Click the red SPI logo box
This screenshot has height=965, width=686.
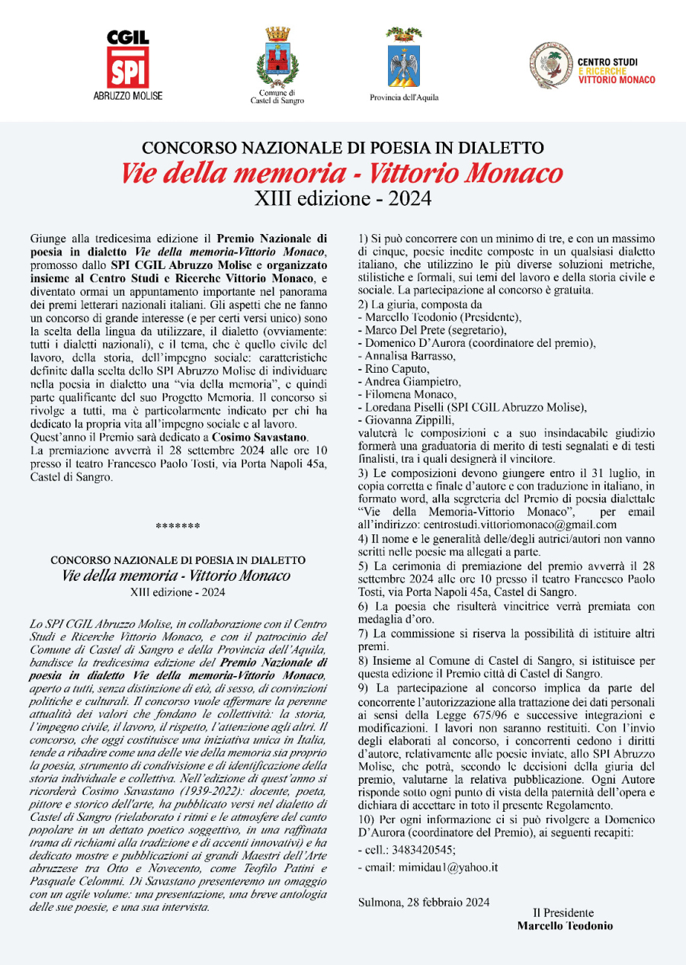(128, 69)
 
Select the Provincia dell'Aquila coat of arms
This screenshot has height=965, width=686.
(404, 62)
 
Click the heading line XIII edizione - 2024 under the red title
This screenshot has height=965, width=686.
(342, 200)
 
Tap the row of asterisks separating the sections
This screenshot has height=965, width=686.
(178, 527)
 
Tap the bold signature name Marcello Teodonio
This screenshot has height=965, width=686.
(564, 926)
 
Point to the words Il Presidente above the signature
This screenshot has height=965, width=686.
(563, 913)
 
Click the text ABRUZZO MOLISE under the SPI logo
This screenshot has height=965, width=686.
(128, 97)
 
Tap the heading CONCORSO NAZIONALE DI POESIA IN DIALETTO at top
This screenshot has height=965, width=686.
(342, 147)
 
